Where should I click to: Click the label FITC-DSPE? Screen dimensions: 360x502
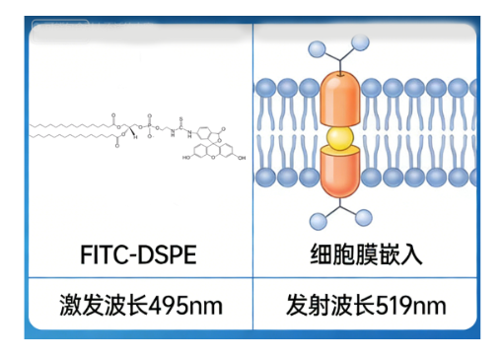[x=138, y=255]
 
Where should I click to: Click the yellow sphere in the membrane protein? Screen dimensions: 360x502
[x=340, y=134]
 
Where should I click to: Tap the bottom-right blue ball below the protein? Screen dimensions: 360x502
[x=364, y=218]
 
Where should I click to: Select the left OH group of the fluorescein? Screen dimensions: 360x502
[x=186, y=158]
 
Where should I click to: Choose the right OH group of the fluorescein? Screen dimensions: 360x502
[x=243, y=158]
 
